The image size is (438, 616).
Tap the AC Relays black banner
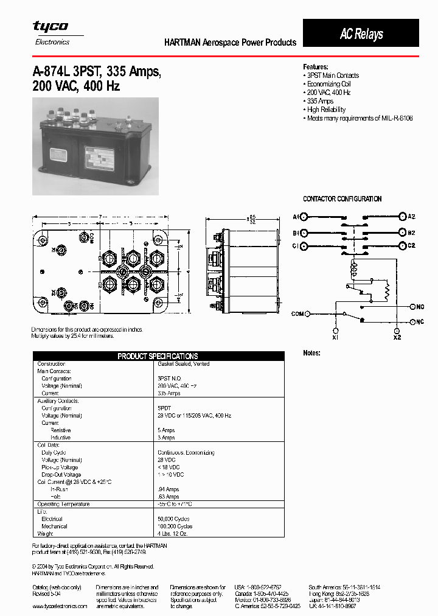tap(361, 33)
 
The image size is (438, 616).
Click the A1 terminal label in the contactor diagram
tap(296, 217)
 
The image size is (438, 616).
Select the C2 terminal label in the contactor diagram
tap(411, 245)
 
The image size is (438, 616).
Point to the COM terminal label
tap(296, 314)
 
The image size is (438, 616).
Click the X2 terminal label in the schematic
tap(397, 337)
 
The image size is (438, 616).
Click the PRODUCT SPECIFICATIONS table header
tap(158, 356)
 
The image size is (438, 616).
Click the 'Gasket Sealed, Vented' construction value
tap(184, 364)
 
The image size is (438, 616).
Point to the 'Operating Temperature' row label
tap(64, 504)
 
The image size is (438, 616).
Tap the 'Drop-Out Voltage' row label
tap(61, 474)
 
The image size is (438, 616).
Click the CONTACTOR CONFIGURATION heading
tap(342, 199)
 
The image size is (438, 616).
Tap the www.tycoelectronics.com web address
tap(60, 606)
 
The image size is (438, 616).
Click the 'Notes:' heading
tap(311, 353)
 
